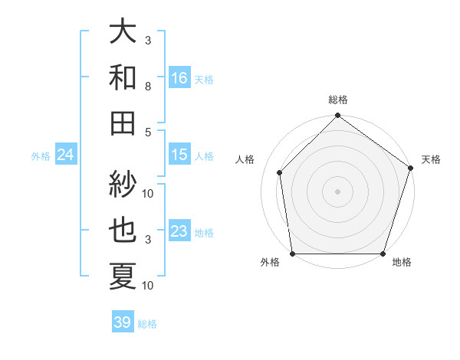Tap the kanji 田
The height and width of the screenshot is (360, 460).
click(123, 123)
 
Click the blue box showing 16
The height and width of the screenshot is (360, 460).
click(179, 78)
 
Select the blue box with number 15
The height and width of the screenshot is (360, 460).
click(179, 155)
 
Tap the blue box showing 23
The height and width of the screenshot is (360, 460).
click(179, 231)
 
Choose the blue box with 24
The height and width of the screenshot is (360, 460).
click(65, 155)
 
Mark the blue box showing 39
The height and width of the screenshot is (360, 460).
click(123, 322)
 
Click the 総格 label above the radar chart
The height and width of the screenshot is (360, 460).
click(337, 100)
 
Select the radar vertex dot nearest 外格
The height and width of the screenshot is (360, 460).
click(293, 254)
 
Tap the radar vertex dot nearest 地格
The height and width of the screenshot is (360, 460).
click(383, 254)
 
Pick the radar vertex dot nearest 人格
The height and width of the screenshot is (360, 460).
click(280, 172)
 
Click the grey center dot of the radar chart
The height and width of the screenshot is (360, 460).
click(337, 191)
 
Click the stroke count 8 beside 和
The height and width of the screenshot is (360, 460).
click(147, 87)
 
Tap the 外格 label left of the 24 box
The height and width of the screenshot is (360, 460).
click(41, 156)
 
